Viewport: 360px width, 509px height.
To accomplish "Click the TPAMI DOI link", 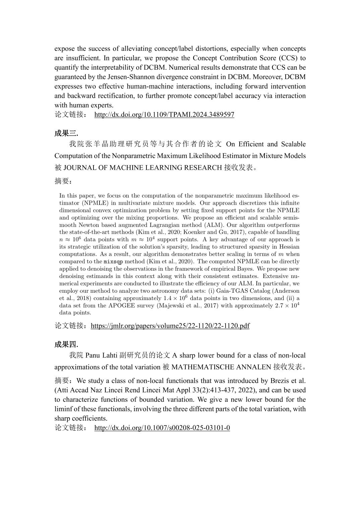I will [164, 115].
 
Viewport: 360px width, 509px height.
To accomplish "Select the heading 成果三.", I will [66, 133].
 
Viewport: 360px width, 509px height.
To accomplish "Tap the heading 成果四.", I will [66, 344].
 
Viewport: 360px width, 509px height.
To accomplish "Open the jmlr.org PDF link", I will [170, 325].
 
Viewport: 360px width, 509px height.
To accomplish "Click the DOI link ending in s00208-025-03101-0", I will [162, 428].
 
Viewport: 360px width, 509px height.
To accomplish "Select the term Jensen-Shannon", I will [120, 77].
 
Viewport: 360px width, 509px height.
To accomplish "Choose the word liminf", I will [63, 409].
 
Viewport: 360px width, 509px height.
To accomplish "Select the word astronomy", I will [165, 291].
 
